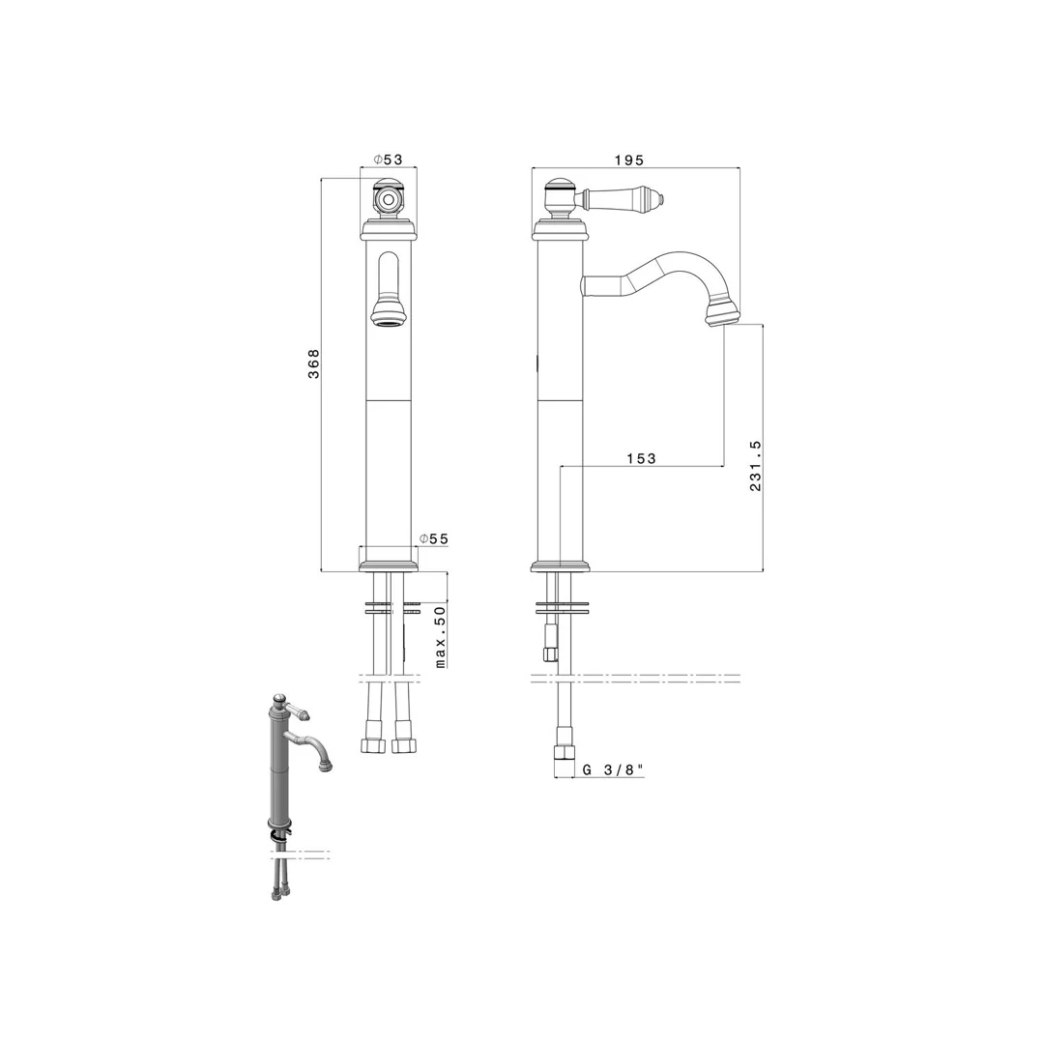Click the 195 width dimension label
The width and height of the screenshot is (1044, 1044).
629,159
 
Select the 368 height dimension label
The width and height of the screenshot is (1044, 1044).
313,363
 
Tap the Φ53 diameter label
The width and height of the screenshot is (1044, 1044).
389,159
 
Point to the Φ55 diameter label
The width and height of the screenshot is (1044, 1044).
433,538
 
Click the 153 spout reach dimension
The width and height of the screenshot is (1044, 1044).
641,458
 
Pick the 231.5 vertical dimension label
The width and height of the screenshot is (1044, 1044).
755,465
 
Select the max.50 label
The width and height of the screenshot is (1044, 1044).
440,637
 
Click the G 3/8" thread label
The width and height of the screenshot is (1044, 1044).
613,769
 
